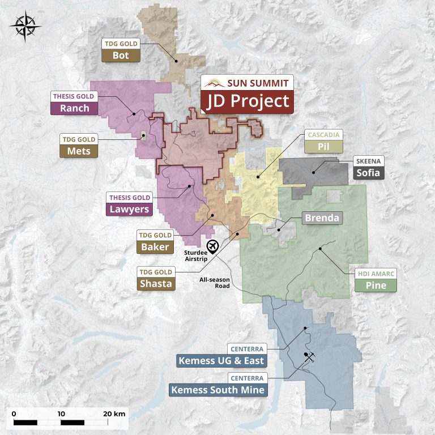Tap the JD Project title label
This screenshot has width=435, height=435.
[248, 102]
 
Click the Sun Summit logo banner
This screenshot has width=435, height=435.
[248, 83]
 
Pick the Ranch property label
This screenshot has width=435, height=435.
[74, 108]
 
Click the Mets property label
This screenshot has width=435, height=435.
[79, 151]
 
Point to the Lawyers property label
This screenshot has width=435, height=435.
[130, 209]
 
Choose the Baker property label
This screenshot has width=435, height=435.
[155, 247]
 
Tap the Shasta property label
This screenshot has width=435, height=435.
[155, 284]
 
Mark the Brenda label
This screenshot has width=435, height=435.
[322, 217]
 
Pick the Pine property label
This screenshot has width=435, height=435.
[376, 285]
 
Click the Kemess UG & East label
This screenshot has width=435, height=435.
[221, 360]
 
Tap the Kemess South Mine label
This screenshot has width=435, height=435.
[217, 390]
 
